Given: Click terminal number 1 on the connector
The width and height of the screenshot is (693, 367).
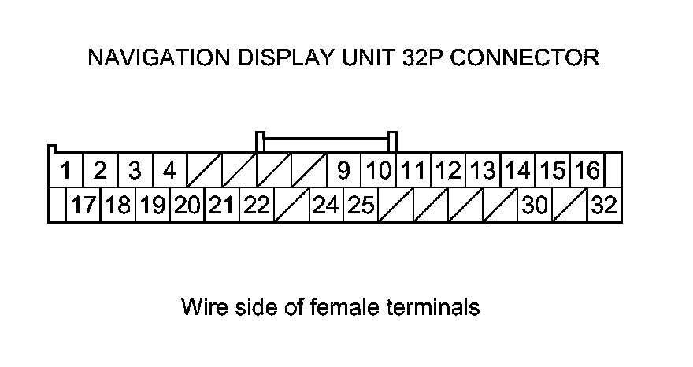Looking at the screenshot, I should pyautogui.click(x=67, y=170).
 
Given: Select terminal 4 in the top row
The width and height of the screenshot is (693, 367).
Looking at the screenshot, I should pyautogui.click(x=169, y=170).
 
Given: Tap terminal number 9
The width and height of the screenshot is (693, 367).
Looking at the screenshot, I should pyautogui.click(x=343, y=170).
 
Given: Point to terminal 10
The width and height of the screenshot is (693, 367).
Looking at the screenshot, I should pyautogui.click(x=379, y=170).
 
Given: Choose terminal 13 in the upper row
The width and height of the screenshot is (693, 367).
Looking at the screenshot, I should pyautogui.click(x=483, y=170).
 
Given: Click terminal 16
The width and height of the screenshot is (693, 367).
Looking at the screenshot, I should pyautogui.click(x=587, y=170).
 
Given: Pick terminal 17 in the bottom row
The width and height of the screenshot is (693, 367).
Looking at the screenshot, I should pyautogui.click(x=83, y=206).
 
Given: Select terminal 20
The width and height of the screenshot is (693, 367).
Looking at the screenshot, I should pyautogui.click(x=187, y=206).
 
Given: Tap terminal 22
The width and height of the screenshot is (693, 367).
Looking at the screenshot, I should pyautogui.click(x=257, y=206).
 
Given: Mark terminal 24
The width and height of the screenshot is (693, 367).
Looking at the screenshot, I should pyautogui.click(x=326, y=206).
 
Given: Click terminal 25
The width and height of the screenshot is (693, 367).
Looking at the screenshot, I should pyautogui.click(x=361, y=206).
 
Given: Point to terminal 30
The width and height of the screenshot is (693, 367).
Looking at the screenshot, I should pyautogui.click(x=535, y=206).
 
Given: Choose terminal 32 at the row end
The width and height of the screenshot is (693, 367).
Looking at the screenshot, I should pyautogui.click(x=605, y=206).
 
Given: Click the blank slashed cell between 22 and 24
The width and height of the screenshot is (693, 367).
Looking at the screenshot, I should pyautogui.click(x=291, y=206).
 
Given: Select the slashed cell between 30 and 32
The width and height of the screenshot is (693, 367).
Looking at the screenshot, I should pyautogui.click(x=570, y=206).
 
